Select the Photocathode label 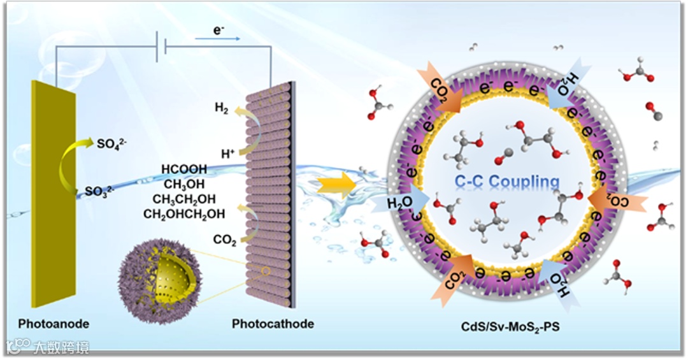pos(273,324)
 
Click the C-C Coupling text pos(507,182)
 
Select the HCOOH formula pos(184,169)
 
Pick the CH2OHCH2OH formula pos(184,213)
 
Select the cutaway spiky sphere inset pos(159,277)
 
